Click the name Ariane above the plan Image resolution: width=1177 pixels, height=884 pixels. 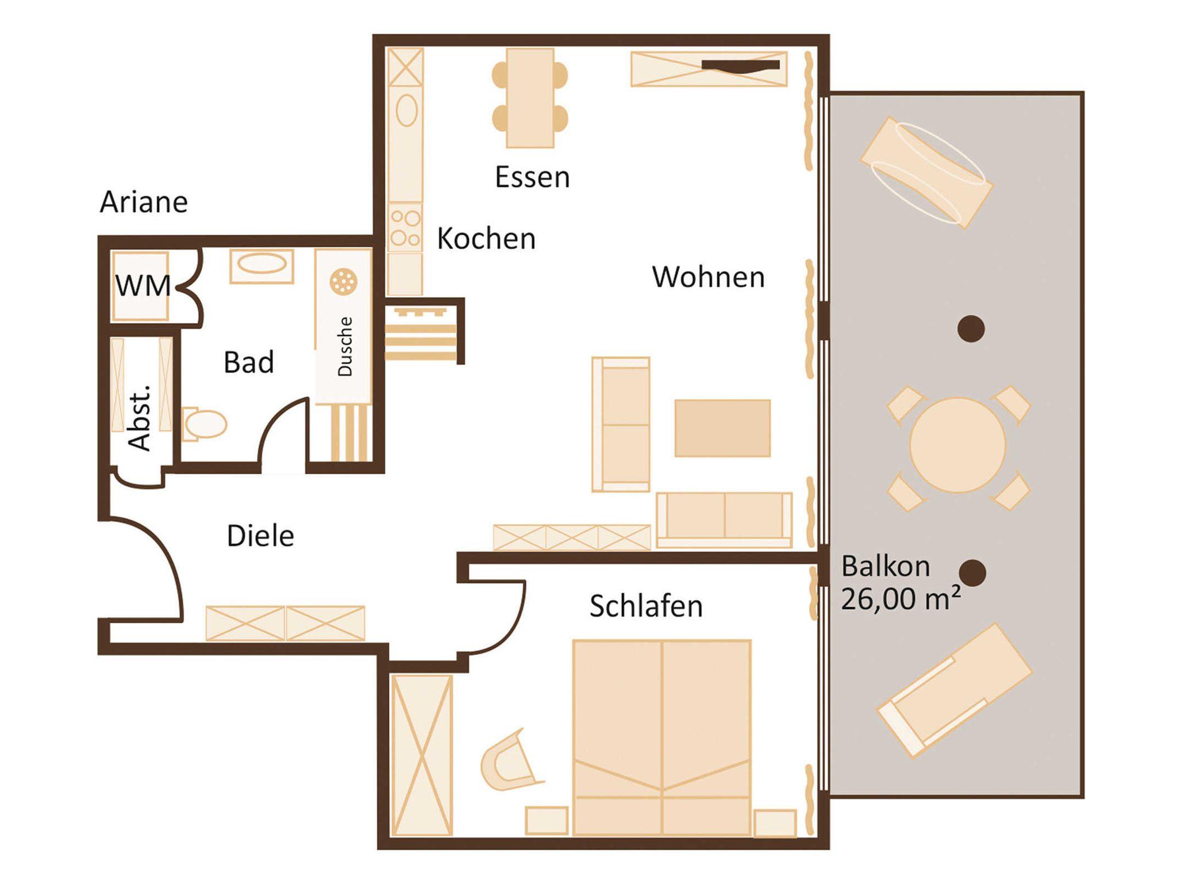coord(144,202)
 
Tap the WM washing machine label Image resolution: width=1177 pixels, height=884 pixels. coord(143,286)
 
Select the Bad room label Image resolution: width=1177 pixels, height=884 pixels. coord(248,362)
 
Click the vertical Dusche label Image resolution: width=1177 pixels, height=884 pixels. coord(345,347)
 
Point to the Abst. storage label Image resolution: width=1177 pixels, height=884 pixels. coord(140,417)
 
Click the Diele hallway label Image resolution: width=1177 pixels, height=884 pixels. coord(260,536)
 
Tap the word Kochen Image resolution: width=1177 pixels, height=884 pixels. coord(486,238)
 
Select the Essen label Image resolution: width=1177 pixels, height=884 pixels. coord(532,176)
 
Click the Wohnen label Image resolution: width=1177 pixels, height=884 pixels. coord(708,277)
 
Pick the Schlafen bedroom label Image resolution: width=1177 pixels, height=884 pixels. coord(646,606)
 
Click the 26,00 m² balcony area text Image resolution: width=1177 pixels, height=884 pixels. coord(901,598)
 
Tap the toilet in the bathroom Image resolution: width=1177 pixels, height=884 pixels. coord(205,424)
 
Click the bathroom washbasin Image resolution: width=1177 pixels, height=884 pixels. coord(261,266)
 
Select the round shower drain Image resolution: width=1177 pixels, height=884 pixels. coord(344,282)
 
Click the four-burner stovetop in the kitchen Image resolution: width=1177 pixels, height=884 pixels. coord(405,228)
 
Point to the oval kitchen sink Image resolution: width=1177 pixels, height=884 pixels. coord(406,110)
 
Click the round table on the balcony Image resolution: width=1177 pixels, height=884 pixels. coord(957,445)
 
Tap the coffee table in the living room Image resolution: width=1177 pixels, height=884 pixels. coord(722,428)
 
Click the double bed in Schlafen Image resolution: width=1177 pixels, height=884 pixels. coord(662,737)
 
